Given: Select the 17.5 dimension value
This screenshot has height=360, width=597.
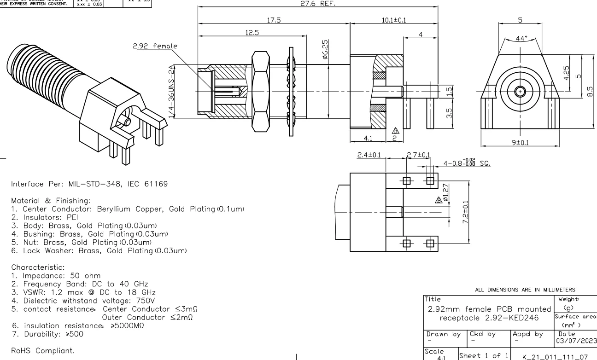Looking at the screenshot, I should [x=273, y=20].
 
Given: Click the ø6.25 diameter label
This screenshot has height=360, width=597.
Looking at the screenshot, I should [x=325, y=47].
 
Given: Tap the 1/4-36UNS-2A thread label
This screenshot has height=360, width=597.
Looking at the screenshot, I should [x=172, y=92].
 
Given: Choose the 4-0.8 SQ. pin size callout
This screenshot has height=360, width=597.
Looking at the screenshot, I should [x=466, y=163].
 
